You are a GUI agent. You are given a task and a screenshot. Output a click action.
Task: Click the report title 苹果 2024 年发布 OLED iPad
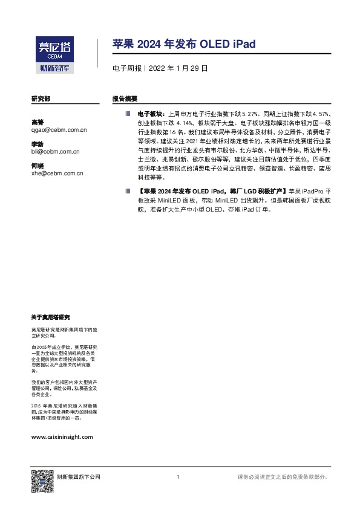click(184, 44)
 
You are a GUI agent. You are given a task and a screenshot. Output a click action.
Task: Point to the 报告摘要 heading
click(125, 98)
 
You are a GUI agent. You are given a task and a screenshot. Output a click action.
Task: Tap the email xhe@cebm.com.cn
click(57, 173)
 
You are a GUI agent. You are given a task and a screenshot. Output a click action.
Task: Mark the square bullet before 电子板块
click(128, 113)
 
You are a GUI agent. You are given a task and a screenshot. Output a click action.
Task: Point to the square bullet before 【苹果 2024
click(128, 190)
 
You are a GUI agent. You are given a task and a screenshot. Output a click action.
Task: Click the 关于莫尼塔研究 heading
click(50, 317)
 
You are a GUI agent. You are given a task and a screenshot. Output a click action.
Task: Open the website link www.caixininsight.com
click(61, 436)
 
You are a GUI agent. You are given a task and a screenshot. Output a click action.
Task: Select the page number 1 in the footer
click(178, 478)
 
